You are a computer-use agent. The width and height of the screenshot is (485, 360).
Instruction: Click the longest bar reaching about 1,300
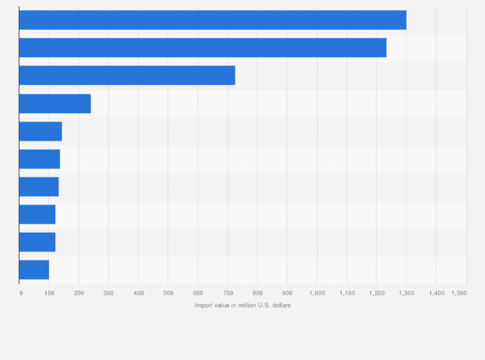pyautogui.click(x=212, y=20)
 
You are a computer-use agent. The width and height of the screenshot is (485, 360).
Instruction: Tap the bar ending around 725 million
pyautogui.click(x=127, y=75)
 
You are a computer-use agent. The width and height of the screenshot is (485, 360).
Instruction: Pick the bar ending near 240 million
pyautogui.click(x=55, y=104)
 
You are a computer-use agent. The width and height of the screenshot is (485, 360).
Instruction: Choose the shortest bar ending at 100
pyautogui.click(x=34, y=270)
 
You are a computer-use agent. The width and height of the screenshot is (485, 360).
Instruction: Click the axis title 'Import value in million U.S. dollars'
pyautogui.click(x=243, y=305)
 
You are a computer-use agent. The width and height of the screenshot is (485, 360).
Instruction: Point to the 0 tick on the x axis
pyautogui.click(x=21, y=293)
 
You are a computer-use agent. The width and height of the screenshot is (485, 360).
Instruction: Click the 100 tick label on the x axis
pyautogui.click(x=49, y=293)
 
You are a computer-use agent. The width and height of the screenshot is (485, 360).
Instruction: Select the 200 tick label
pyautogui.click(x=78, y=293)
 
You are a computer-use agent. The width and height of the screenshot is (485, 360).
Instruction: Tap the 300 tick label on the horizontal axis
pyautogui.click(x=108, y=293)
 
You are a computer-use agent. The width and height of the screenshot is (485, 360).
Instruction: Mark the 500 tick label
pyautogui.click(x=168, y=293)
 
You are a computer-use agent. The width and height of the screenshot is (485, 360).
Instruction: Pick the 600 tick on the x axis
pyautogui.click(x=197, y=293)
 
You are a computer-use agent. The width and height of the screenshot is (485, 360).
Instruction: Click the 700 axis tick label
pyautogui.click(x=227, y=293)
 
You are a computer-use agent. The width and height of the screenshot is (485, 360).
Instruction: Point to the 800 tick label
pyautogui.click(x=257, y=293)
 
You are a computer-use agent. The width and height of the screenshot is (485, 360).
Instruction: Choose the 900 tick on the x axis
pyautogui.click(x=287, y=293)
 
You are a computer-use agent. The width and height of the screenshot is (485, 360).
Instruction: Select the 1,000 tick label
pyautogui.click(x=316, y=293)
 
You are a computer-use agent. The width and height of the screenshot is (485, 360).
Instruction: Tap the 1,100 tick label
pyautogui.click(x=347, y=293)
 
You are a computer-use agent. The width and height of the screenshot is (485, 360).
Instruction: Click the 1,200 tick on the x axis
pyautogui.click(x=376, y=293)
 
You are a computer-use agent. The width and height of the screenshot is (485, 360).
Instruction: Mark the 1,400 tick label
pyautogui.click(x=436, y=293)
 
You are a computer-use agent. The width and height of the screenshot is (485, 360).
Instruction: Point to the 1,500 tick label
pyautogui.click(x=459, y=293)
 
